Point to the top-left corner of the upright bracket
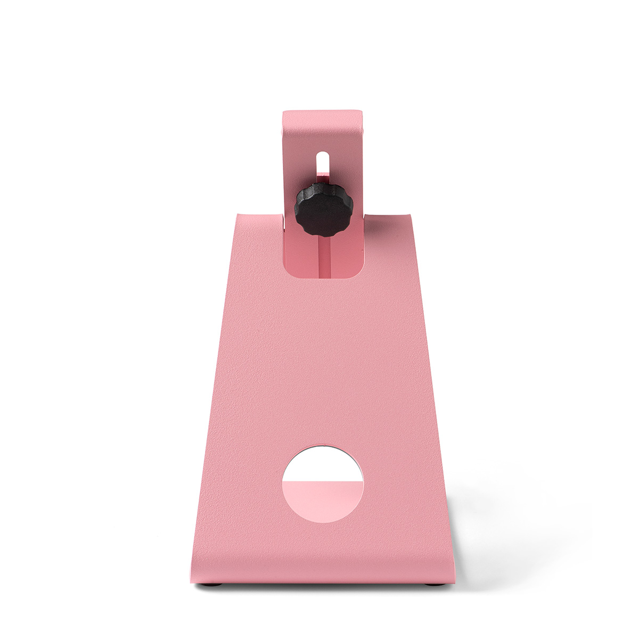pos(284,113)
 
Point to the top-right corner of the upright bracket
pos(362,113)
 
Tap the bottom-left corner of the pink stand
pos(191,581)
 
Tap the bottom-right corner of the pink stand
pos(457,581)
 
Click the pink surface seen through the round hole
pos(323,501)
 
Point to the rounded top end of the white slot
pos(323,154)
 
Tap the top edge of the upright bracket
pos(323,111)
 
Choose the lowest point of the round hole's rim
pos(323,522)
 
